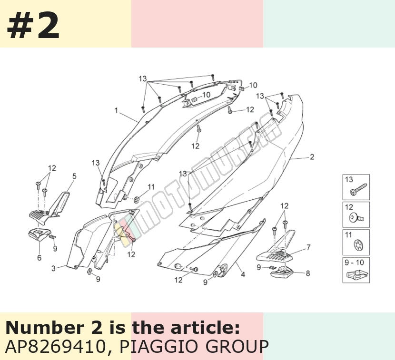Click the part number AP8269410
point(55,346)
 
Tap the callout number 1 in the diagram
point(116,110)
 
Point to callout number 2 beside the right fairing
point(312,157)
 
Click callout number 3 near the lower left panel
point(53,268)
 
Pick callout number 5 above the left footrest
point(74,176)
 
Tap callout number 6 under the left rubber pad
point(39,258)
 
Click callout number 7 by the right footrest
point(308,247)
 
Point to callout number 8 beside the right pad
point(307,273)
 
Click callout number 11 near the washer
point(151,187)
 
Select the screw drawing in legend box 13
point(358,190)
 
